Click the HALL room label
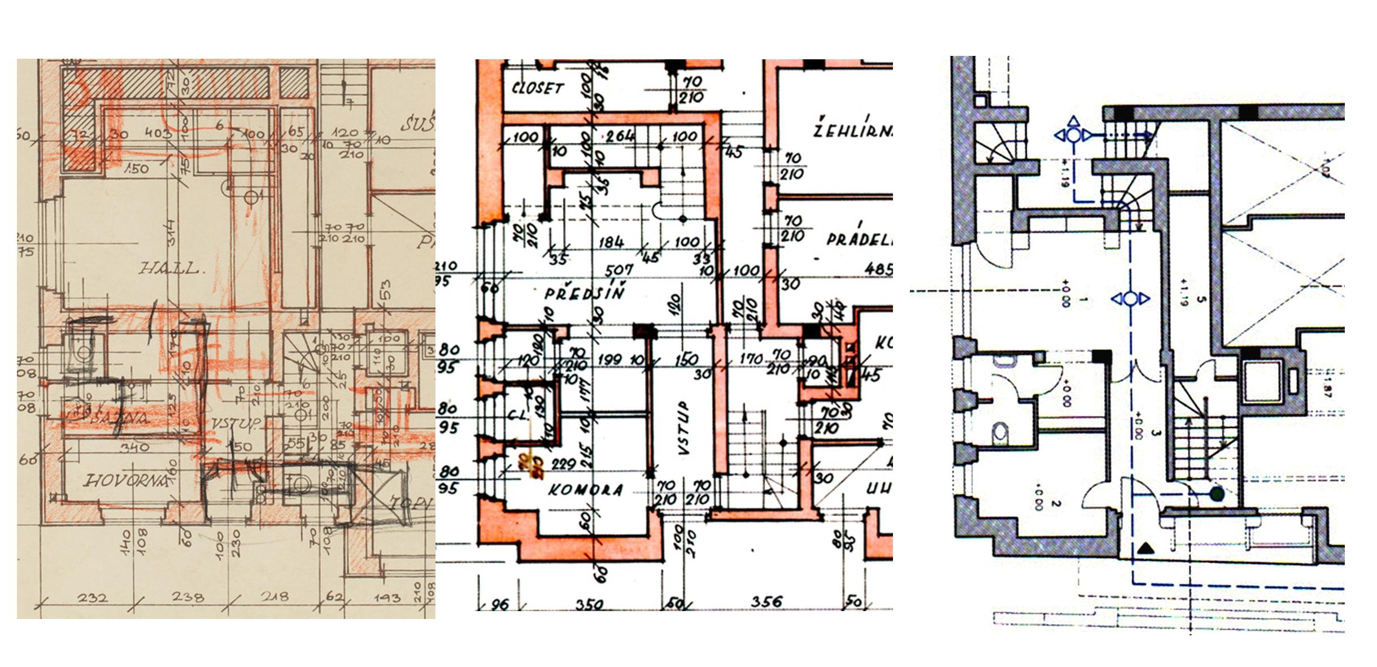169,268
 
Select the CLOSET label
537,88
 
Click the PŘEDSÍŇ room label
585,293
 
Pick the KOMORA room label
586,490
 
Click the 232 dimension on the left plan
92,597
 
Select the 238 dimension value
188,597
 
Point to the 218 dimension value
274,596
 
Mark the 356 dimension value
766,602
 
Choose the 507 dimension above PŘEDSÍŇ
618,271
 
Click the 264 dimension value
620,136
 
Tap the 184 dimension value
611,242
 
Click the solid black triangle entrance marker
1145,548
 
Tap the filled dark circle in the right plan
1217,494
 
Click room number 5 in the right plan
1201,299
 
